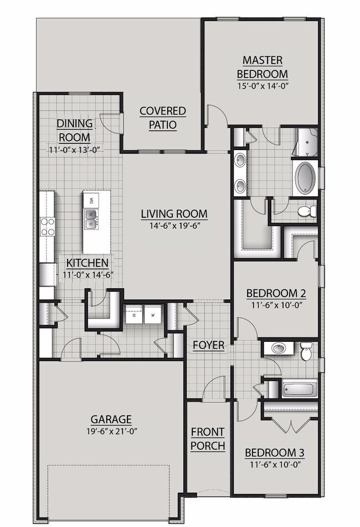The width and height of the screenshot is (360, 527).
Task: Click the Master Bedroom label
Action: coord(263,67)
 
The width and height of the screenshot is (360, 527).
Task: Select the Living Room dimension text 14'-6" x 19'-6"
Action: coord(174,226)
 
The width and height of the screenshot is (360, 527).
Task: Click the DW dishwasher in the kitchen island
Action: coord(91,201)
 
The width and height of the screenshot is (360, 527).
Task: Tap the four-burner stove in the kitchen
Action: coord(47,227)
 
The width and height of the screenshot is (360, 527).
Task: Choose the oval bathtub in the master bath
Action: coord(305,178)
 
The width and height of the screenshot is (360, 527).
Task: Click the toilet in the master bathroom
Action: coord(307,211)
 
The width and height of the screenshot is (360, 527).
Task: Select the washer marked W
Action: coord(153,315)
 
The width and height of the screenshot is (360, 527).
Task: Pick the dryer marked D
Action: coord(134,315)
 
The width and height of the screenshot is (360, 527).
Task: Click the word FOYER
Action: coord(209,345)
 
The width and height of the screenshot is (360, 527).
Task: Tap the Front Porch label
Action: coord(208,438)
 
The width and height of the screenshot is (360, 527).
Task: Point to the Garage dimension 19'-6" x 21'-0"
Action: coord(111,431)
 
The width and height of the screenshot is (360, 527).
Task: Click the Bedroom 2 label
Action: coord(276,293)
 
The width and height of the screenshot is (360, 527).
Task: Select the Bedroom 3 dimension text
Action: coord(275,465)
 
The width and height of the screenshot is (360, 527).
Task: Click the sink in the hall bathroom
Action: coord(279,348)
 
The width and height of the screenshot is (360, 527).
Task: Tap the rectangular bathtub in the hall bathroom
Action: coord(300,389)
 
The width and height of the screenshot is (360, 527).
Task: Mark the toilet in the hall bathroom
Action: coord(306,351)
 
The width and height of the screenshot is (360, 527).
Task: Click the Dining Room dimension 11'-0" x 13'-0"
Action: coord(75,150)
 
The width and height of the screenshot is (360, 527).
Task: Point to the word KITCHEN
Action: coord(88,263)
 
